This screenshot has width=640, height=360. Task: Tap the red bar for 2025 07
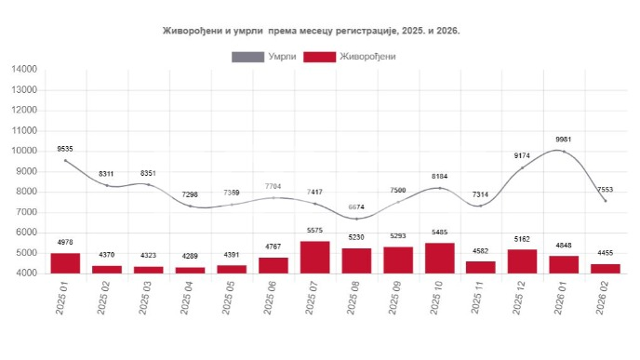[x=315, y=257]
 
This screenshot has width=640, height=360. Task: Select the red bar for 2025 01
[x=65, y=263]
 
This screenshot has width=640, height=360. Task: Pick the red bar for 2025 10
[x=440, y=258]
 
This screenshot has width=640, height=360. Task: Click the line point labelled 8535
[x=65, y=161]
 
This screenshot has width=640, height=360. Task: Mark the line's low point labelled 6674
[x=357, y=219]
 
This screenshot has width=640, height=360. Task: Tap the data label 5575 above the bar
[x=315, y=231]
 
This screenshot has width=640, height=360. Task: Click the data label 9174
[x=524, y=155]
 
